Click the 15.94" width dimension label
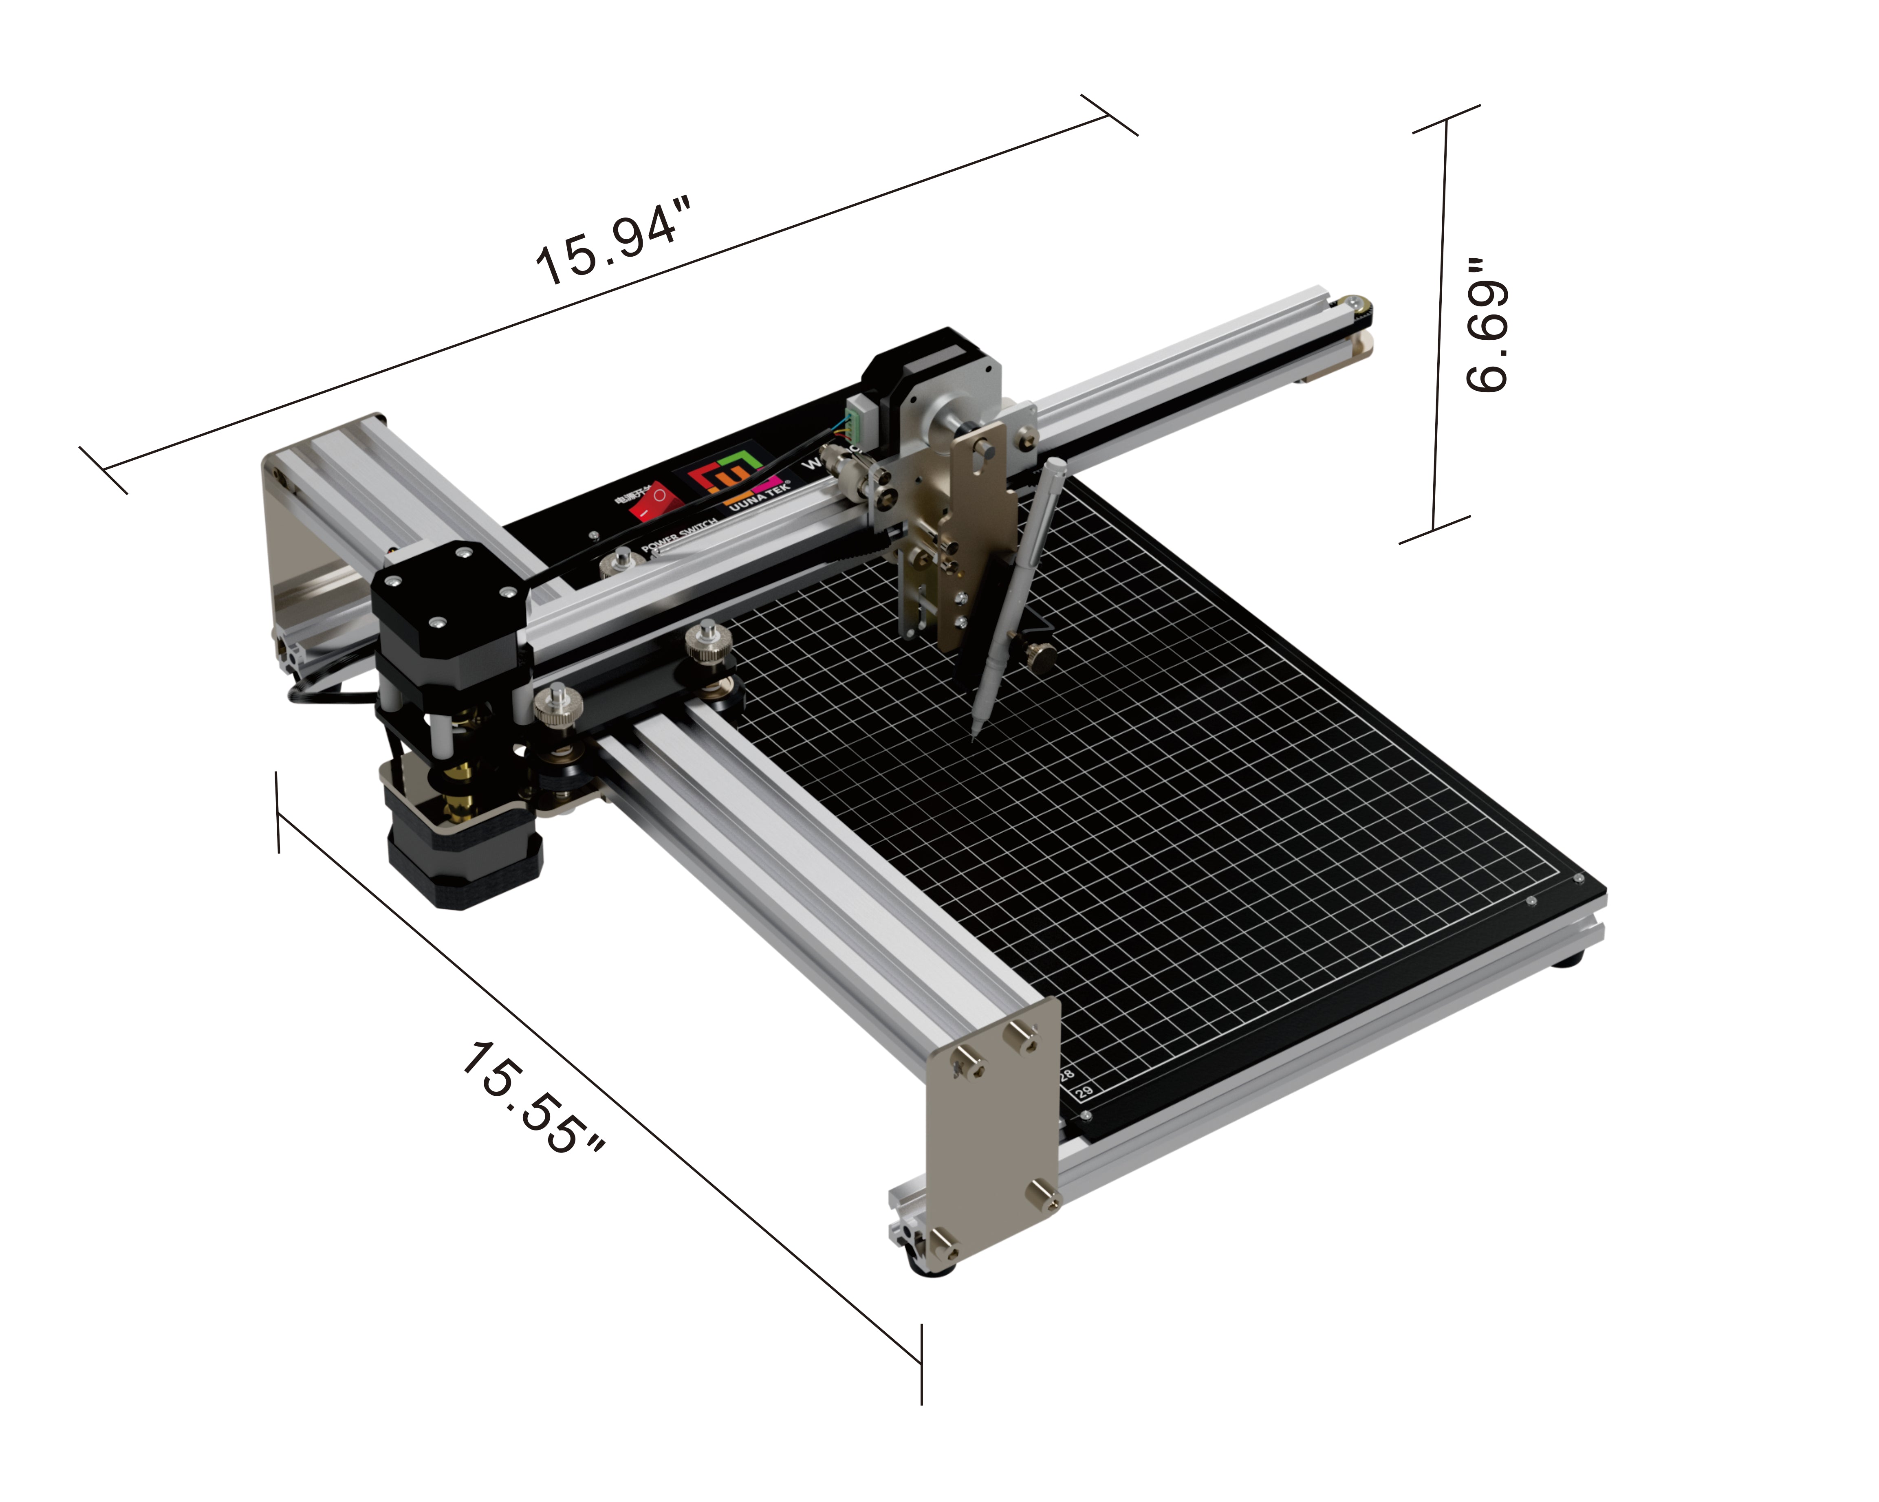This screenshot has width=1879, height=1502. tap(615, 240)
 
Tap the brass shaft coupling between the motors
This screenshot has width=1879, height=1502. tap(458, 784)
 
